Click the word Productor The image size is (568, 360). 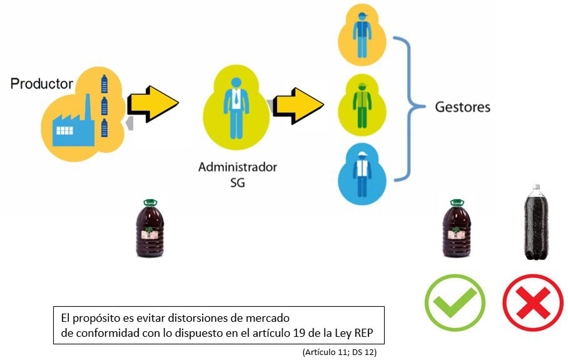[x=42, y=83]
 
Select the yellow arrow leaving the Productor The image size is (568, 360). [x=152, y=103]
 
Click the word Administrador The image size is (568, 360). [x=237, y=167]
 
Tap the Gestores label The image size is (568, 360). [x=462, y=107]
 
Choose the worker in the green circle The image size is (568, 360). [x=362, y=103]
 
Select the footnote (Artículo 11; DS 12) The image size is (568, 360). [x=339, y=352]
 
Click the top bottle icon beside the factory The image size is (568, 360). [x=104, y=83]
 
